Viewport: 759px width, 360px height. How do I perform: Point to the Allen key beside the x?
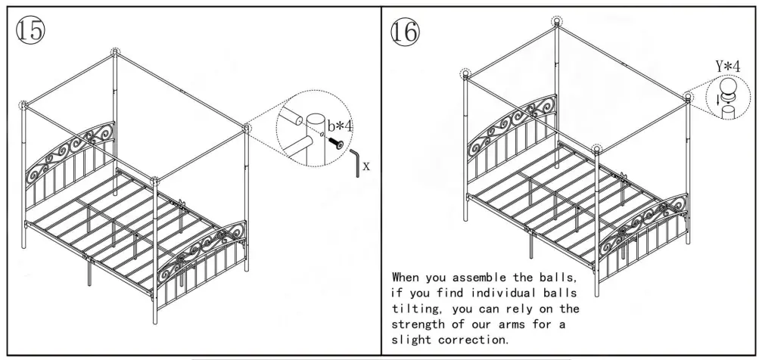coord(355,163)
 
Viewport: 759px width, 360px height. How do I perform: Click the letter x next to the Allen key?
coord(367,165)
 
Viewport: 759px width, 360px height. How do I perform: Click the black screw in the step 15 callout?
coord(332,141)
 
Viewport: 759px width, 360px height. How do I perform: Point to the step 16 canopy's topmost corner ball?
coord(558,21)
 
